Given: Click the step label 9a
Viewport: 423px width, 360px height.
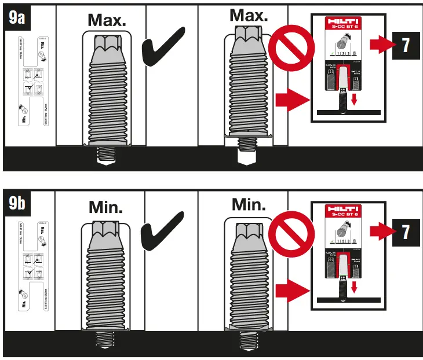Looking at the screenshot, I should click(18, 17).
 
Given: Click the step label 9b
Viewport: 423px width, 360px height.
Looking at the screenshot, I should click(18, 204).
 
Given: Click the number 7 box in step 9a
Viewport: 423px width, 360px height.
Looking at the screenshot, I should click(406, 45).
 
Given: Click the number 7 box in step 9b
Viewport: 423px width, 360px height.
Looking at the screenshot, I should click(406, 232).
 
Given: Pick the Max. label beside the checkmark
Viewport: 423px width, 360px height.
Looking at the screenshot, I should click(107, 20).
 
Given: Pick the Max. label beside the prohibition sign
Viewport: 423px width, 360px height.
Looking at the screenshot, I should click(249, 15).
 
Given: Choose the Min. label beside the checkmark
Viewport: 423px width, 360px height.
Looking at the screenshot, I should click(106, 207).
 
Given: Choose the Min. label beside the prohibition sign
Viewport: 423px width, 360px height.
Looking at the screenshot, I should click(249, 204).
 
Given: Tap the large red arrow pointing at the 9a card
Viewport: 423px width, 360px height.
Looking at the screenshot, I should click(290, 100).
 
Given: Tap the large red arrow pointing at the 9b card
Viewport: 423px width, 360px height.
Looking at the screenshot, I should click(290, 287).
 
